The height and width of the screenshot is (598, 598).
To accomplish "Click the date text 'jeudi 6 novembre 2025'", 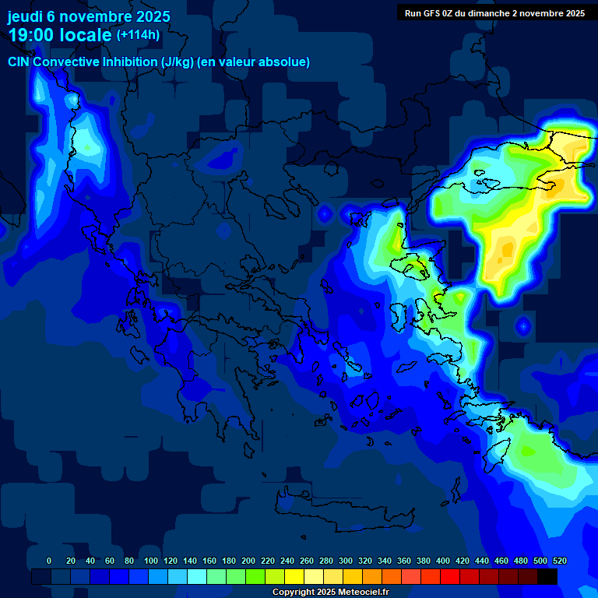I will (89, 16).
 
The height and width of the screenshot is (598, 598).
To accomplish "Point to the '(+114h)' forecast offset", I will (138, 35).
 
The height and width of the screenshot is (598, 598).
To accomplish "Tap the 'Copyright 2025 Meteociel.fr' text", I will (330, 592).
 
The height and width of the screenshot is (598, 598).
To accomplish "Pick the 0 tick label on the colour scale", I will (49, 561).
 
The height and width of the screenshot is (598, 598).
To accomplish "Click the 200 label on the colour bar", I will (248, 561).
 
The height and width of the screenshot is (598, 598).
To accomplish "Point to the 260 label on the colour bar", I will (307, 561).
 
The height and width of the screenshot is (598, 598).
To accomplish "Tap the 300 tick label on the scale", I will (346, 561).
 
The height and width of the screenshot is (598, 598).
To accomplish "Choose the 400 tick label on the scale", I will (443, 561).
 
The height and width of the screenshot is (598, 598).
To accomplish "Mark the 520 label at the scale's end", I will (559, 561).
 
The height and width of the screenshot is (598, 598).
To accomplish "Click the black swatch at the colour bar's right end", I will (547, 576).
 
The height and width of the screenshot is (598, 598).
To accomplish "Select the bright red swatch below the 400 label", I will (450, 576).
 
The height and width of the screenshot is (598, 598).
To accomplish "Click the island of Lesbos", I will (410, 266).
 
